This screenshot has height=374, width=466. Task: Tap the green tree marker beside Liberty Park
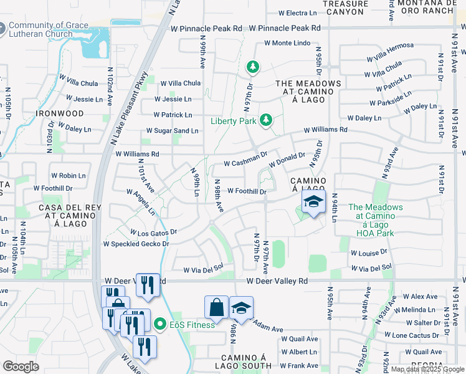point(266,118)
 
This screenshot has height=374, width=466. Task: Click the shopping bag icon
point(216,307)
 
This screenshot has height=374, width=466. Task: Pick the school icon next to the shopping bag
point(241,307)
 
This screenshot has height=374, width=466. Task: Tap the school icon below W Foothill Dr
point(313,201)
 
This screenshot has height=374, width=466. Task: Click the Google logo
point(21,366)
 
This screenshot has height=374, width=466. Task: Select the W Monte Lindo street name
point(287,43)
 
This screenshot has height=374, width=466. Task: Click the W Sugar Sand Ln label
point(172,131)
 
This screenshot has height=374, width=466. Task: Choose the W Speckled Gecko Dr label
point(136,244)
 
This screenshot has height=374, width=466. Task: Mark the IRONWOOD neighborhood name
point(60,113)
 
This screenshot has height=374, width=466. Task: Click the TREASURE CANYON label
point(343,7)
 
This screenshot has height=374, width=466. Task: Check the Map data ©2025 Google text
point(427,369)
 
